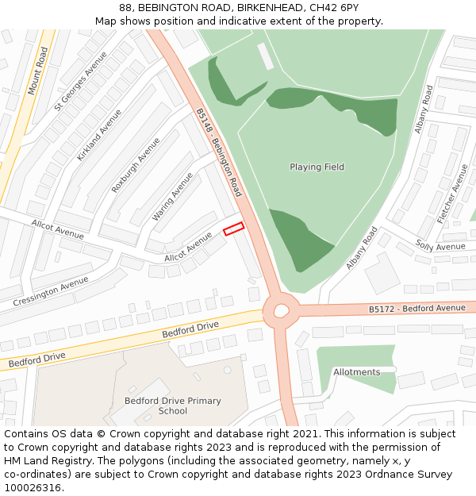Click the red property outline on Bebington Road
(x=233, y=229)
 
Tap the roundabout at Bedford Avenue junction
(x=281, y=310)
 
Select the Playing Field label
(x=317, y=167)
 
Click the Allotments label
(x=356, y=372)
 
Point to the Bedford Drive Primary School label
(x=173, y=406)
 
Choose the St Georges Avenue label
(x=80, y=81)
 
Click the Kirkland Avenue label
(x=99, y=136)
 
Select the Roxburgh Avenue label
(x=136, y=165)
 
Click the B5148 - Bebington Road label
(x=219, y=152)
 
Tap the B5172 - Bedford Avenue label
(x=417, y=308)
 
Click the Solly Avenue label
(x=440, y=247)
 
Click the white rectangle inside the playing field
(x=265, y=56)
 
